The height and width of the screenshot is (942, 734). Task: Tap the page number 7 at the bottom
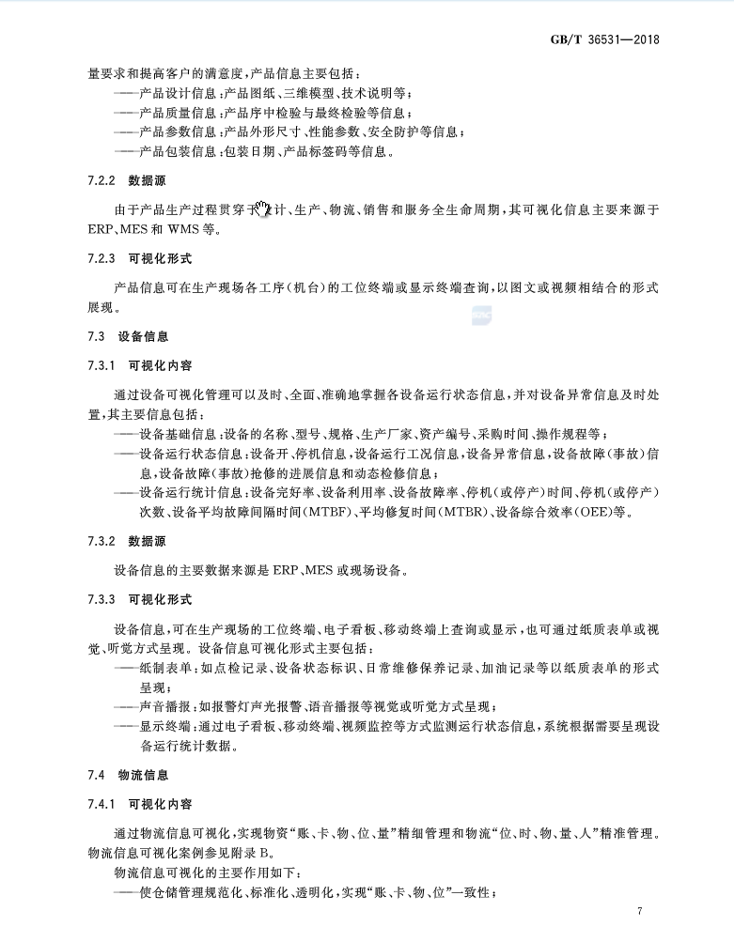tap(638, 911)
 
